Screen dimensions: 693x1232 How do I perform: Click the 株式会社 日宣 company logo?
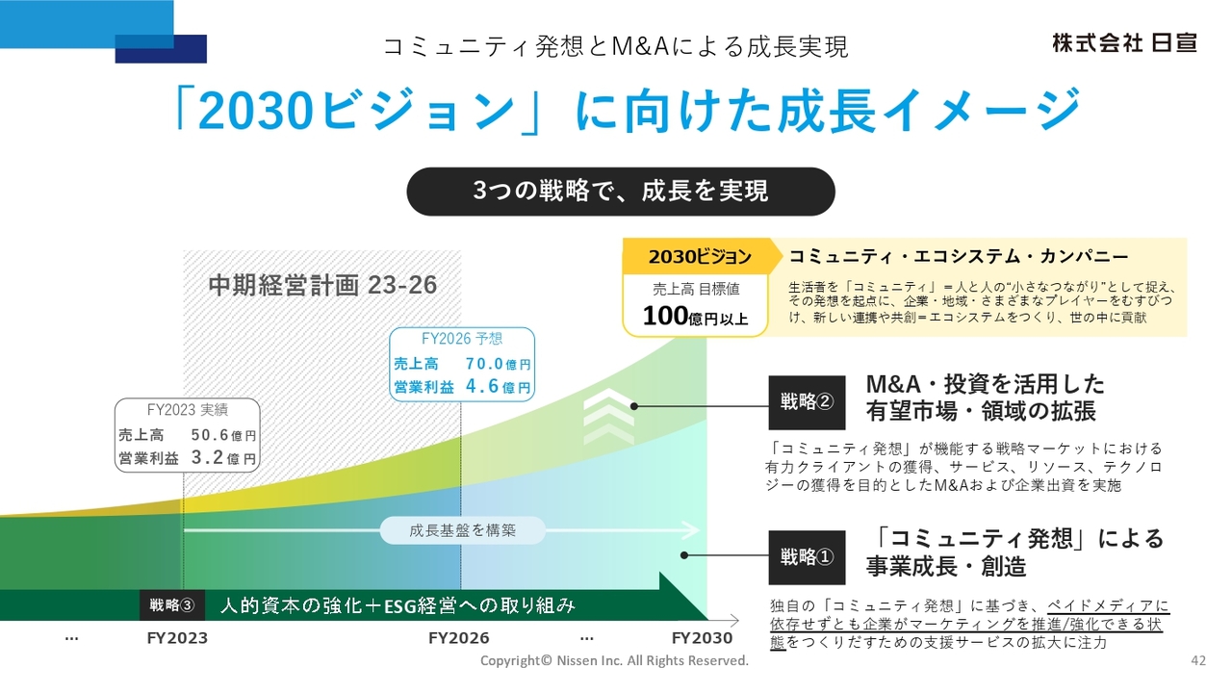[1124, 43]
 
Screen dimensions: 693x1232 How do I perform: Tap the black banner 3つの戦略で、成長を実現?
[620, 191]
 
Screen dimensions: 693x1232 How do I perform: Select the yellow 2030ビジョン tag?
[700, 256]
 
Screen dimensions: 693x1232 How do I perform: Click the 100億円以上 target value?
[695, 317]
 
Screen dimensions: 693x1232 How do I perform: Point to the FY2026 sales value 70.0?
[484, 364]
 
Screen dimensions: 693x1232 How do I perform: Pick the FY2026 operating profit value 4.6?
[484, 387]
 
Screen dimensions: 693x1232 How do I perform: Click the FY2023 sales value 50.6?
[210, 435]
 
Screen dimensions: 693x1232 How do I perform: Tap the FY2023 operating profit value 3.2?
[210, 458]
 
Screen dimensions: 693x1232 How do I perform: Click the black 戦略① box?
[807, 556]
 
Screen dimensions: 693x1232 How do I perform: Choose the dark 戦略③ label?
[172, 605]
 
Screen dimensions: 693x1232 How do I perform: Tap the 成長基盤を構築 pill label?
[462, 530]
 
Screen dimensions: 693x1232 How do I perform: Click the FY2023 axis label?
[177, 638]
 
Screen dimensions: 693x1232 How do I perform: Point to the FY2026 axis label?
[458, 638]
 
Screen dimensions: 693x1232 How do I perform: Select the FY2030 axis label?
[702, 638]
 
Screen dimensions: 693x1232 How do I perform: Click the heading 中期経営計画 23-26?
[322, 285]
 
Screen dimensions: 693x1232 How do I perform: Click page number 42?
[1198, 660]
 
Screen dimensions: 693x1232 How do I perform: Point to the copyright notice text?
[614, 661]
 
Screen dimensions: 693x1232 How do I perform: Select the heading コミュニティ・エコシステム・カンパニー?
[958, 257]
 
